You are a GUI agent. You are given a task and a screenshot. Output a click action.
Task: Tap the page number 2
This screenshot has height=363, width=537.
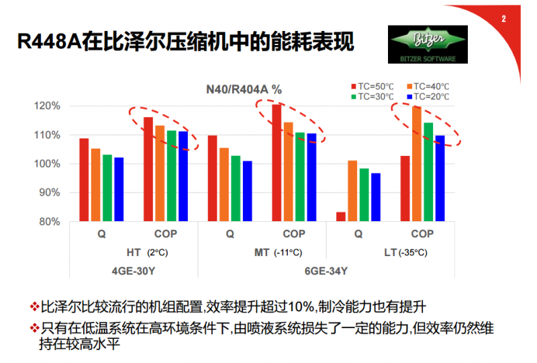(x=503, y=18)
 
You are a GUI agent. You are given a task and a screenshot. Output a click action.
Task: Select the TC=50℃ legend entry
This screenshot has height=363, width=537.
(x=371, y=86)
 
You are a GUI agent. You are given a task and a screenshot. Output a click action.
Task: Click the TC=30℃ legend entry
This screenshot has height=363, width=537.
(x=371, y=97)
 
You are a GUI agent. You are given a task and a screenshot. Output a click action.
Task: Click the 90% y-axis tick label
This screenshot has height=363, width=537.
(x=50, y=193)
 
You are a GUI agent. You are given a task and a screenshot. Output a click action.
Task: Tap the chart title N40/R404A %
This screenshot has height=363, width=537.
(x=244, y=89)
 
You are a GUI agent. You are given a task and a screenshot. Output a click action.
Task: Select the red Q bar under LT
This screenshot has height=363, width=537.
(x=341, y=216)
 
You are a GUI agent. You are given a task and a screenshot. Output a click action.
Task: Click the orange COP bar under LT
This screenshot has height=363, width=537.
(x=417, y=164)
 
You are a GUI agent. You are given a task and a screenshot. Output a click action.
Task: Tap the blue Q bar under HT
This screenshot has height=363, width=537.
(x=119, y=190)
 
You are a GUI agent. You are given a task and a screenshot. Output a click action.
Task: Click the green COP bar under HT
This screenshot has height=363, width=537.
(x=171, y=176)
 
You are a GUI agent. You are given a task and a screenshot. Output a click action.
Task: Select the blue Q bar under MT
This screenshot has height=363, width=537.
(x=247, y=191)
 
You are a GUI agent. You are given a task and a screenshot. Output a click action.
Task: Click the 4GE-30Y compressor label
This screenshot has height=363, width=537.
(x=134, y=271)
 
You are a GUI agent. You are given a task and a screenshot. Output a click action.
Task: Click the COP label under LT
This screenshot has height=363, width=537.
(x=422, y=234)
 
